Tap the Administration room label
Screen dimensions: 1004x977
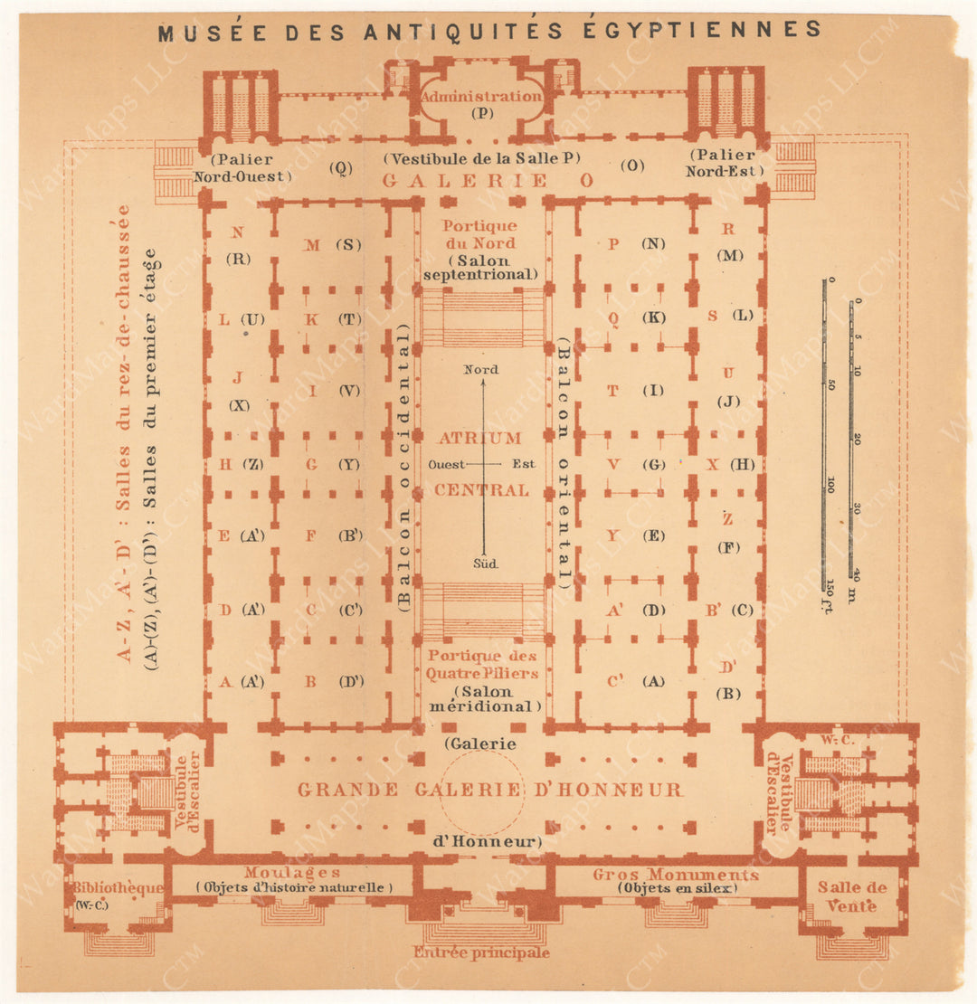pos(481,96)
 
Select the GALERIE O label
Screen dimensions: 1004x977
pos(488,181)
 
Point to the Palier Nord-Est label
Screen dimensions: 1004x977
pos(724,163)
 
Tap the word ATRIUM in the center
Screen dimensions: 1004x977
pos(480,438)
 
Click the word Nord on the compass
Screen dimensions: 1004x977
pos(480,369)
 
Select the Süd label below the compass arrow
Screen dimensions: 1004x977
pos(482,563)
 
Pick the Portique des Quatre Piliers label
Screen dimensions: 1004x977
pos(482,664)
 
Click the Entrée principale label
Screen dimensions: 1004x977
pos(482,952)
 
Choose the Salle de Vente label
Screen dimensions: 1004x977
pos(853,896)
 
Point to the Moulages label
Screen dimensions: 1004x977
pos(292,873)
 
